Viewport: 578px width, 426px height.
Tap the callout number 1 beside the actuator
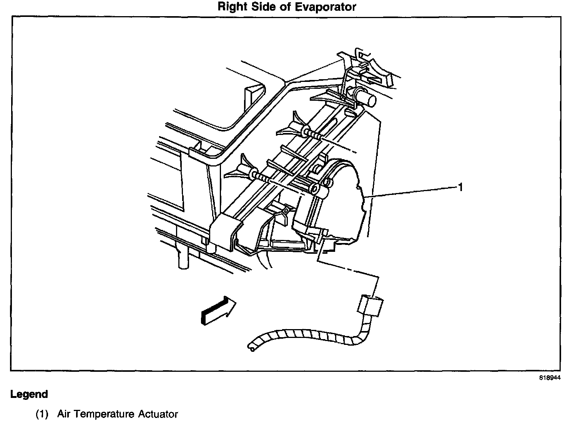click(x=460, y=187)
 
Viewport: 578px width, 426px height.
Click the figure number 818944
click(x=550, y=378)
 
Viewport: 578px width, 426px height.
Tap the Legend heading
click(x=29, y=394)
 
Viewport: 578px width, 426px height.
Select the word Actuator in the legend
click(x=158, y=414)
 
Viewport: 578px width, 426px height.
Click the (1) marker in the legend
click(x=42, y=414)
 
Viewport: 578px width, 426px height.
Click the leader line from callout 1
click(x=411, y=192)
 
